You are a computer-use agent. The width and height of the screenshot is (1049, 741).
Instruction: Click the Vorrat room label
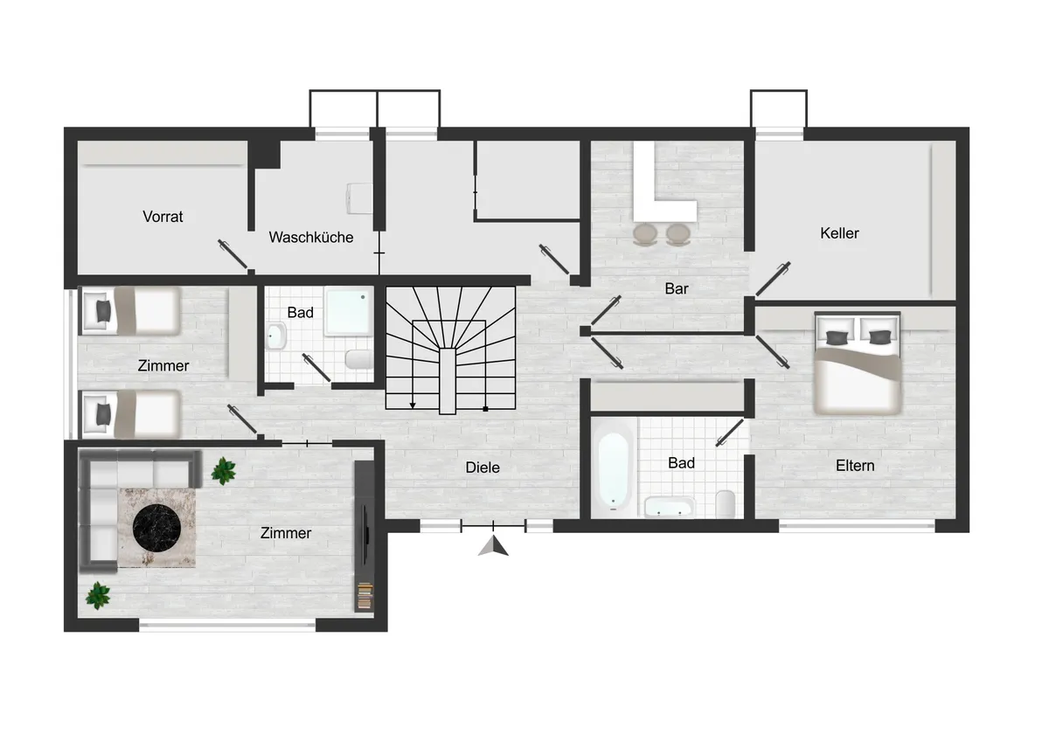(163, 217)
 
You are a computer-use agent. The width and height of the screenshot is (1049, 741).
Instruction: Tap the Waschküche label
(311, 238)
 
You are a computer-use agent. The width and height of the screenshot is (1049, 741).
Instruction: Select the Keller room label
(839, 233)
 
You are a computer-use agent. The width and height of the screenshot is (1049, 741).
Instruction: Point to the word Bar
(677, 289)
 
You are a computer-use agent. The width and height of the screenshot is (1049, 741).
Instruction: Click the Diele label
(483, 467)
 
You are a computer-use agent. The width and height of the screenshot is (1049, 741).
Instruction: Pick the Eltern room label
(855, 466)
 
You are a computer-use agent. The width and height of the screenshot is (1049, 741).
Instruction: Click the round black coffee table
(156, 527)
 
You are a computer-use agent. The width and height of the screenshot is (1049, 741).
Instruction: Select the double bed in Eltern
(858, 364)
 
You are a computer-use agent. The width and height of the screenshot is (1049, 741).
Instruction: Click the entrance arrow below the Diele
(493, 546)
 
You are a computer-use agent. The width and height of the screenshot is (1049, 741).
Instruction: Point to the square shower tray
(349, 312)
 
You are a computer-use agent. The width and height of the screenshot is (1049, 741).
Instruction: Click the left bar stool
(644, 234)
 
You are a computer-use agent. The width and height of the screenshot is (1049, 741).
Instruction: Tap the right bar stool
(677, 234)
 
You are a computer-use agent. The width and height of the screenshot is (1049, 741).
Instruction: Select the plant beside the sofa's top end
(224, 470)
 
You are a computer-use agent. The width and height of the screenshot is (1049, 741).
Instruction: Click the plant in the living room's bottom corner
(98, 595)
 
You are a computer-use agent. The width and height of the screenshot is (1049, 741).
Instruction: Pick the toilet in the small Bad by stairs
(358, 359)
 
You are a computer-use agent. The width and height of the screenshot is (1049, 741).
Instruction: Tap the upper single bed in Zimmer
(131, 311)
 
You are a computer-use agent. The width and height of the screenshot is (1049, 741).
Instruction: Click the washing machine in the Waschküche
(359, 198)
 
